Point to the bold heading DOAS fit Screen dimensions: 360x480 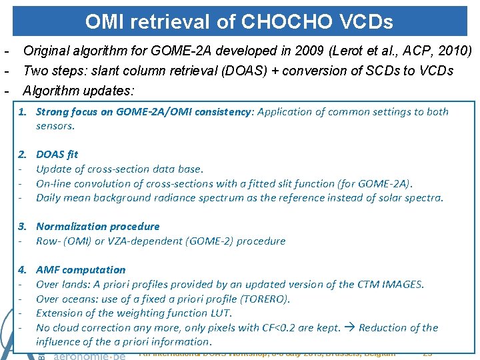tap(57, 154)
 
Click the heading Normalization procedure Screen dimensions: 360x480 tap(97, 227)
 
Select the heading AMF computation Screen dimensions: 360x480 tap(81, 270)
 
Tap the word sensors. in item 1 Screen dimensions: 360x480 tap(55, 125)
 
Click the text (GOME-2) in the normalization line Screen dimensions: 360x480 tap(203, 241)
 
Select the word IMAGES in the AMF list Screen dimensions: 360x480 tap(402, 285)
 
